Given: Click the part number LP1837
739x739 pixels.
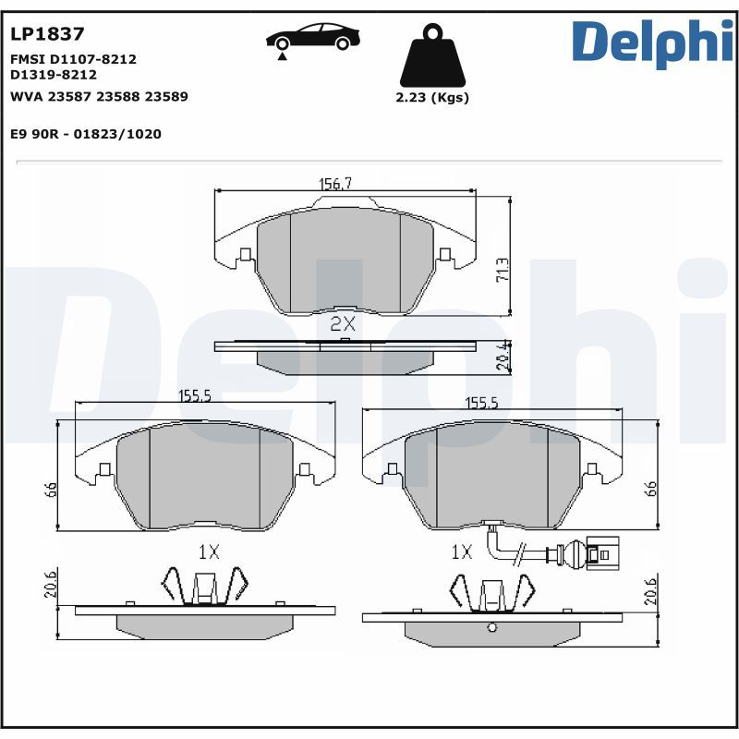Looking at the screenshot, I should click(47, 34).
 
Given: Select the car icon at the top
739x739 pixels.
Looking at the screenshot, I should click(313, 39).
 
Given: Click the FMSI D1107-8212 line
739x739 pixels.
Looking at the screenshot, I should click(73, 58).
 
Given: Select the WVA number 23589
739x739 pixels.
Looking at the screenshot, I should click(167, 96).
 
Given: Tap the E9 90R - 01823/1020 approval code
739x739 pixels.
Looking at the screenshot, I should click(86, 134).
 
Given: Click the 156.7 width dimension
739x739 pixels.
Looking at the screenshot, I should click(335, 184).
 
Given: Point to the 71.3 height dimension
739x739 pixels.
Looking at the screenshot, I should click(503, 269).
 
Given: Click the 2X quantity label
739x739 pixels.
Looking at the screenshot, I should click(343, 323).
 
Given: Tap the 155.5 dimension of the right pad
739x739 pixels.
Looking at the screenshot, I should click(481, 403).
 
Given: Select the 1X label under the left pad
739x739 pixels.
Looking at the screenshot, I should click(208, 552).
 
